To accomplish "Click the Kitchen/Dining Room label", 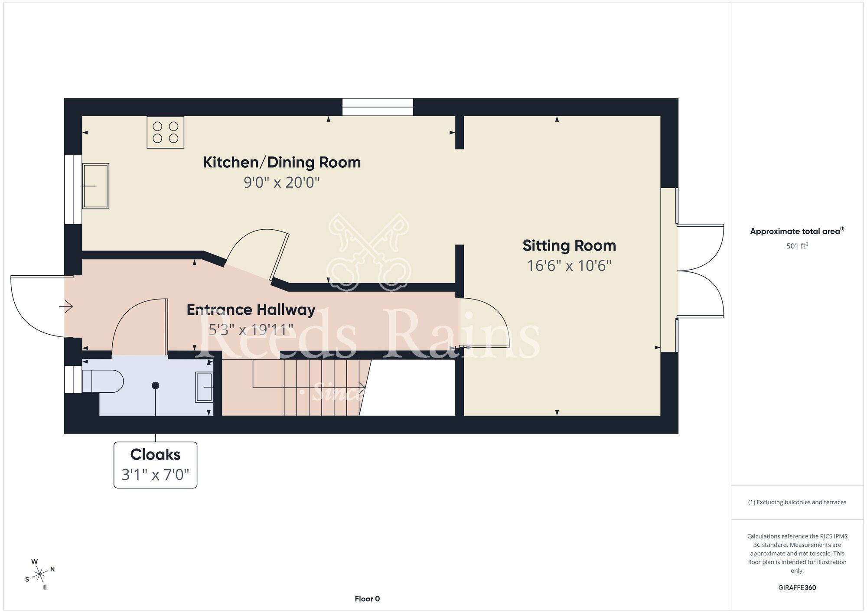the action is (282, 163).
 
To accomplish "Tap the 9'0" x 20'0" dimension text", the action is (282, 183).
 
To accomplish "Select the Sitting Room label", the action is (569, 246).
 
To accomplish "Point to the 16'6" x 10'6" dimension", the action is (569, 266).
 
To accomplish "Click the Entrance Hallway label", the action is (251, 310).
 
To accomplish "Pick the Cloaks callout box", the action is (155, 465).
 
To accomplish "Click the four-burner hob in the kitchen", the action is (166, 132).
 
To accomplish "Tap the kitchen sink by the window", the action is (95, 186).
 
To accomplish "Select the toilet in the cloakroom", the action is (103, 381).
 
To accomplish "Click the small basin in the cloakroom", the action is (204, 387).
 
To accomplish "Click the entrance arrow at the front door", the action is (66, 306).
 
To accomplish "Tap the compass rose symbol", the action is (40, 575).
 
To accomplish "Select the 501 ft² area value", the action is (797, 246).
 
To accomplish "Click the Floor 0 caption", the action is (367, 599).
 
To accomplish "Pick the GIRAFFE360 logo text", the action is (797, 588).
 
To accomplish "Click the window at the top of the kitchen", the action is (378, 107).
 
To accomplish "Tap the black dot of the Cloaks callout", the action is (155, 385).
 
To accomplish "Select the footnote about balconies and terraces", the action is (797, 502).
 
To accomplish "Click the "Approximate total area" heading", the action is (797, 231).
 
